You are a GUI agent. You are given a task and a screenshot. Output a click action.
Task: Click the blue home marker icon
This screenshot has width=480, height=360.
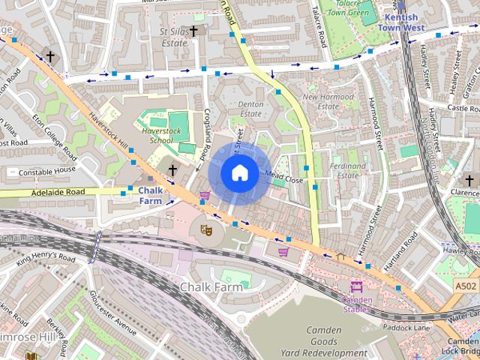238,172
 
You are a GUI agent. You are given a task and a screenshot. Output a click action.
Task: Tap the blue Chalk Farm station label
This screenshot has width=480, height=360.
150,196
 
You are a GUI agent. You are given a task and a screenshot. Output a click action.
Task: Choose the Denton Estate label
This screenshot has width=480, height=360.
250,109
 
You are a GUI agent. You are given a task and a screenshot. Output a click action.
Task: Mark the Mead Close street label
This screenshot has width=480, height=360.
284,180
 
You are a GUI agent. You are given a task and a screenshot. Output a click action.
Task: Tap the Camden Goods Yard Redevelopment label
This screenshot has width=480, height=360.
324,341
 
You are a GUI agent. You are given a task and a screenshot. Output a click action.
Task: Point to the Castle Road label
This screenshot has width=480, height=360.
462,109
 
